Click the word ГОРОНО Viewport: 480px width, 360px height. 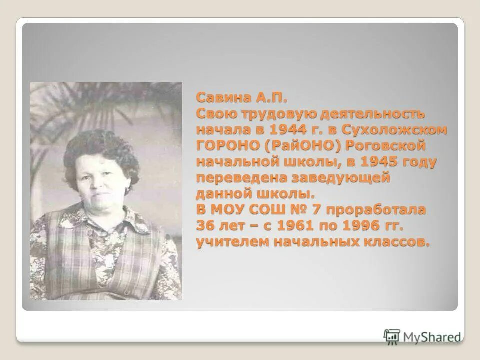pos(223,146)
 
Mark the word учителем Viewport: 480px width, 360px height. pos(223,242)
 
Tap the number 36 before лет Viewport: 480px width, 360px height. pos(205,226)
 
